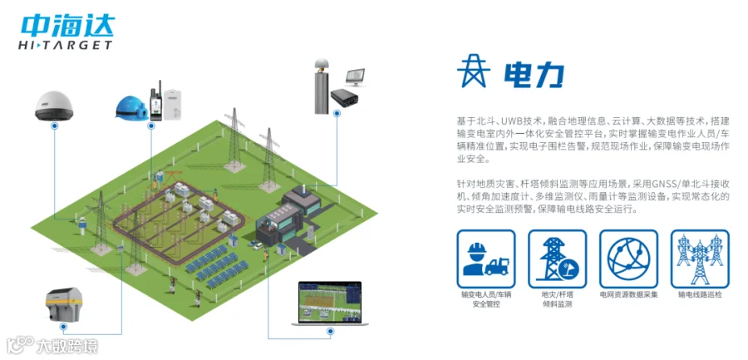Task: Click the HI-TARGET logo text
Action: coord(65,45)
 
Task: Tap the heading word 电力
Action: coord(534,74)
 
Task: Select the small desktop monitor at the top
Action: coord(356,77)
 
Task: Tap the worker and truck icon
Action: coord(486,259)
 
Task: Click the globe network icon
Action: coord(628,259)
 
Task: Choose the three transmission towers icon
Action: coord(698,259)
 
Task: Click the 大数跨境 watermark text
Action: coord(66,344)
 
